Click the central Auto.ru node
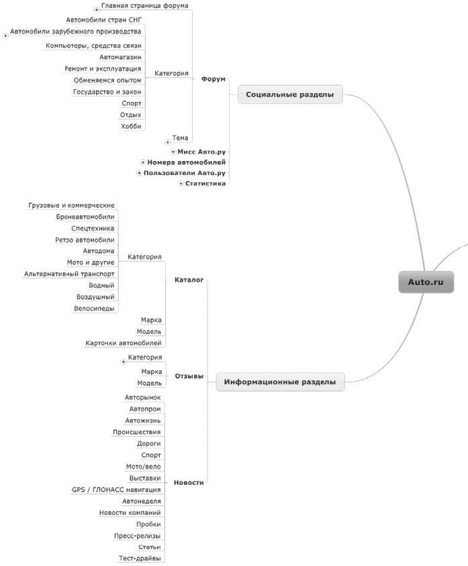(426, 282)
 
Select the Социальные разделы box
(290, 95)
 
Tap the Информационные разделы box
(280, 383)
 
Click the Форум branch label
(213, 78)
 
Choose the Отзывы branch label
(189, 376)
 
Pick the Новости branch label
(189, 482)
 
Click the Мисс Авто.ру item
(202, 152)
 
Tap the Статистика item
(205, 183)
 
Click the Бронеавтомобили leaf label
(85, 217)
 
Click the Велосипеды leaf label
(94, 308)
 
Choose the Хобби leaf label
(132, 126)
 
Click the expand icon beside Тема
(167, 142)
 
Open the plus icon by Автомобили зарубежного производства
(5, 36)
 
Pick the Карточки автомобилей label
(124, 343)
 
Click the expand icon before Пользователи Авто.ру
(139, 173)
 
